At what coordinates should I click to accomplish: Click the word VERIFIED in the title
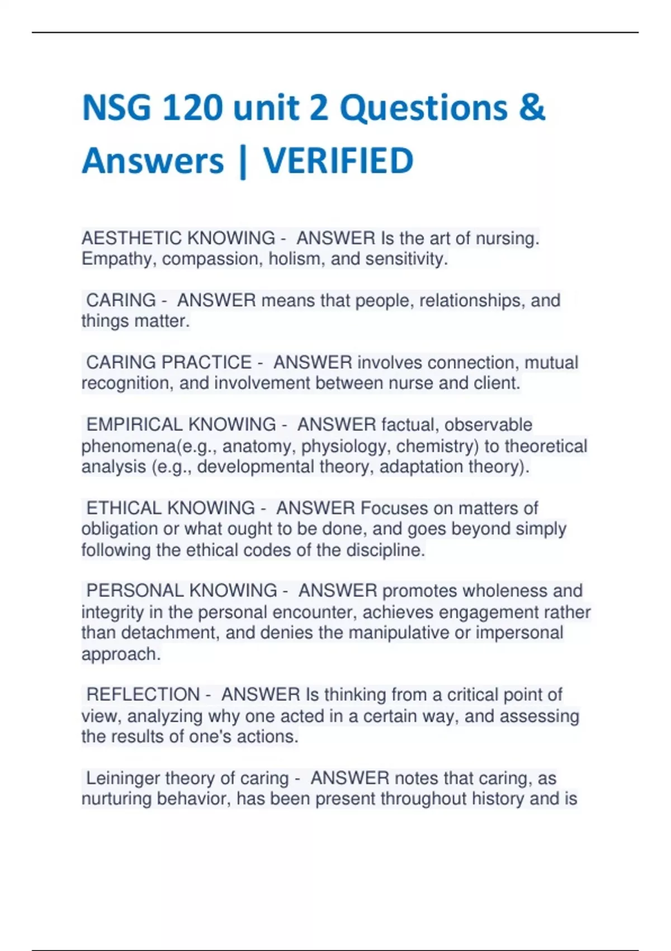[338, 161]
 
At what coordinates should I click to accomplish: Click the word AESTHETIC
[131, 238]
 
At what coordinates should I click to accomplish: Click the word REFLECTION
[143, 694]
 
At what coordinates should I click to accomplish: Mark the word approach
[120, 654]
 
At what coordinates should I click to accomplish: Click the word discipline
[385, 550]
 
